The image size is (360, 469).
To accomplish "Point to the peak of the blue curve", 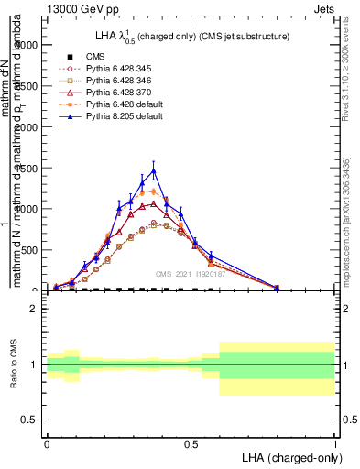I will [x=154, y=170].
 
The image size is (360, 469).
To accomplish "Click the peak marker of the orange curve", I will [x=154, y=191].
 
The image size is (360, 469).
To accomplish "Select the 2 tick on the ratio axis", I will [x=34, y=309].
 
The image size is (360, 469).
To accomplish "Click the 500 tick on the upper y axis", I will [x=29, y=249].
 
